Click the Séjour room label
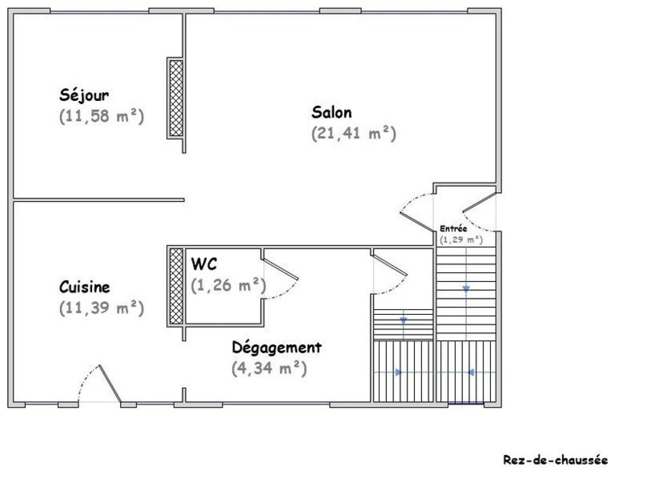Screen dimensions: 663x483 [x=84, y=95]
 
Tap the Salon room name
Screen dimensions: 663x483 [x=331, y=112]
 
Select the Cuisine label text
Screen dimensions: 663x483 [x=85, y=287]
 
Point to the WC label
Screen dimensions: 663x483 [x=204, y=264]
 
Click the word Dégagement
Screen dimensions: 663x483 [x=277, y=348]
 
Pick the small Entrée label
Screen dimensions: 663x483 [x=453, y=228]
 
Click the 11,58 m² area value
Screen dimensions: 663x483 [x=102, y=116]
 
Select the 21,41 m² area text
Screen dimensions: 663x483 [x=354, y=133]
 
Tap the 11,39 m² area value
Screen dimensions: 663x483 [x=102, y=308]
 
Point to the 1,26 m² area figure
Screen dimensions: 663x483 [x=229, y=285]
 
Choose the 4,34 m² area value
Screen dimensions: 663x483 [x=269, y=368]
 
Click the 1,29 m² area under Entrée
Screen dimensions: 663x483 [x=461, y=239]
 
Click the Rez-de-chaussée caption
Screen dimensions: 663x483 [x=555, y=460]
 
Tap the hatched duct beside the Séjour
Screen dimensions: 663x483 [x=176, y=98]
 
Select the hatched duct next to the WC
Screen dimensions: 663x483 [x=176, y=286]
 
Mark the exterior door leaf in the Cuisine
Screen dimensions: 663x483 [x=110, y=383]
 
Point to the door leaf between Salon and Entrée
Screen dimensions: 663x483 [x=416, y=221]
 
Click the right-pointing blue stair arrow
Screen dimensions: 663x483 [x=399, y=372]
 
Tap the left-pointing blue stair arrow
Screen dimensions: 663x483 [x=471, y=372]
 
